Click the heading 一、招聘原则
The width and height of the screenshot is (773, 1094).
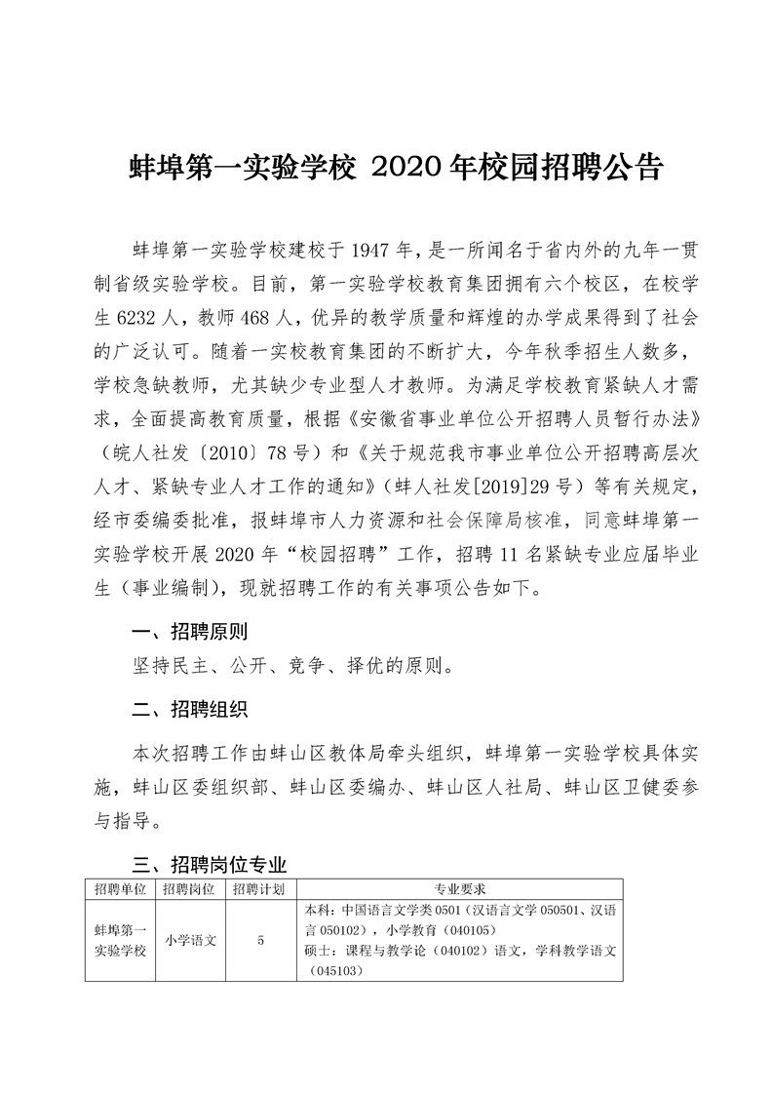[189, 631]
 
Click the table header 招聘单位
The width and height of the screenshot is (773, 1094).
[121, 889]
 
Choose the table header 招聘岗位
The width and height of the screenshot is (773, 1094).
[189, 889]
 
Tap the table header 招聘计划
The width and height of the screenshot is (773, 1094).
[259, 889]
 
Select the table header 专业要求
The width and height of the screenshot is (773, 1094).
[460, 889]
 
